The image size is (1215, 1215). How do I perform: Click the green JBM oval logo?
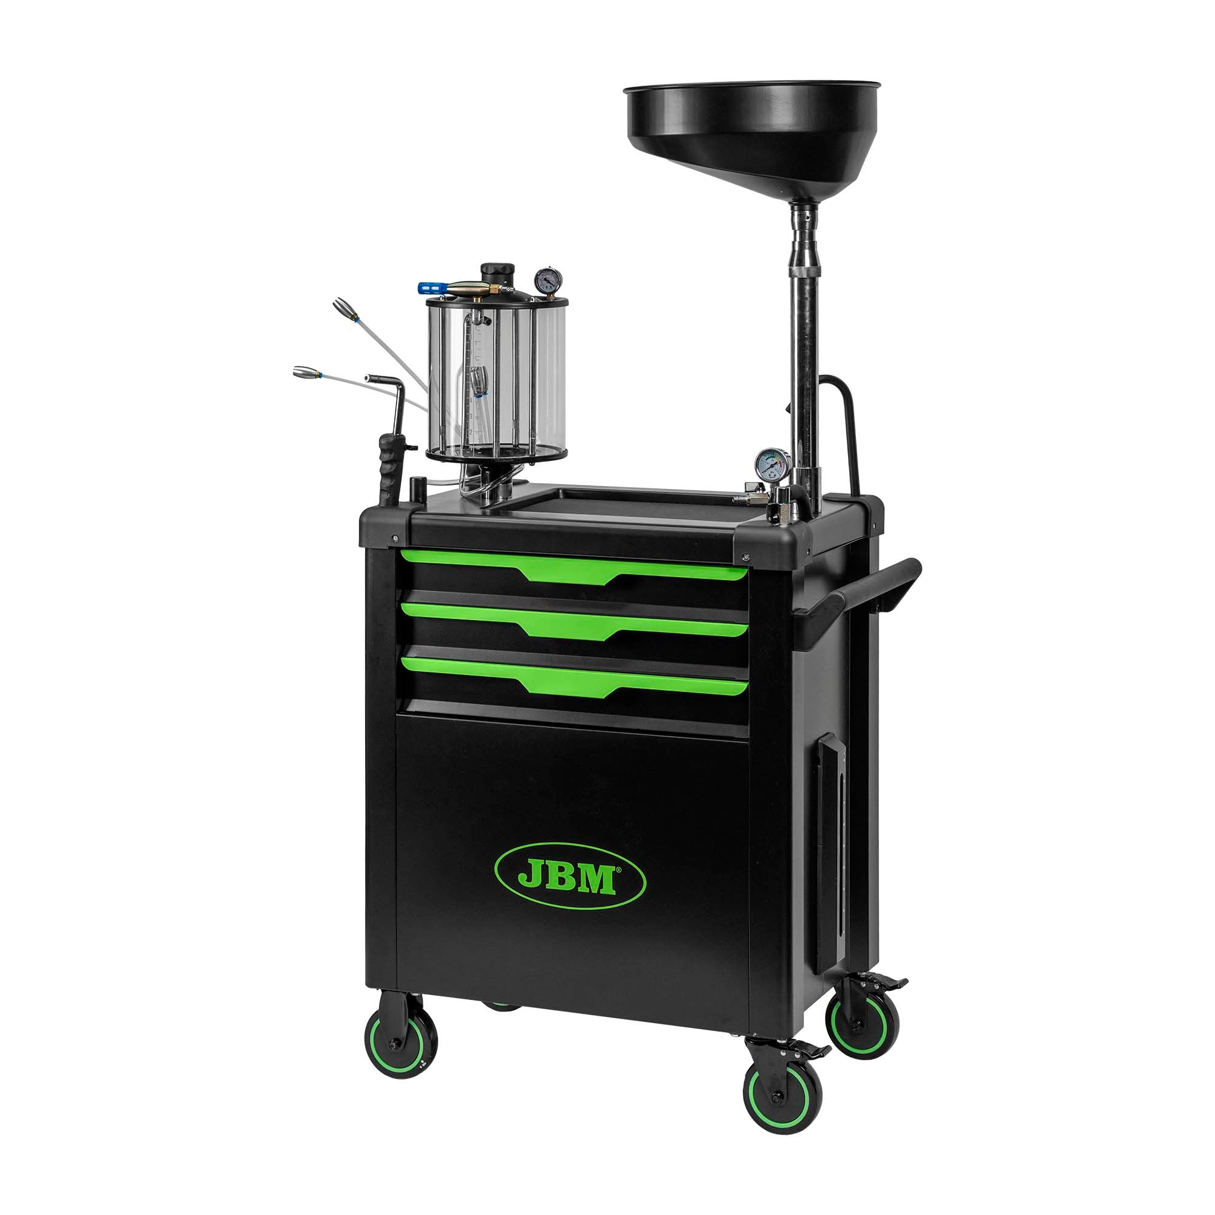pyautogui.click(x=570, y=877)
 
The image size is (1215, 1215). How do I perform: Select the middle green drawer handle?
pyautogui.click(x=572, y=620)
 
